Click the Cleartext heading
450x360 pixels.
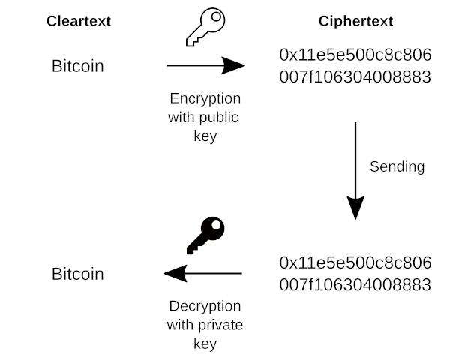78,21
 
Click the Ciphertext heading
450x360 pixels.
355,21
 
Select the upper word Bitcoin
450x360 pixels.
78,66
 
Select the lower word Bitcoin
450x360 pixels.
78,274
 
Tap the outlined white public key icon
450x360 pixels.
205,28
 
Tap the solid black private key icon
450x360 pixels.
205,236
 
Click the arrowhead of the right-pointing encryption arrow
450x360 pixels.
234,66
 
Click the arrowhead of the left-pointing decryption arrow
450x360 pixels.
175,273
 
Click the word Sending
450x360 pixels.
397,166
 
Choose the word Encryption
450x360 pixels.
205,99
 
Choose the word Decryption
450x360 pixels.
205,306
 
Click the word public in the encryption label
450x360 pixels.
220,118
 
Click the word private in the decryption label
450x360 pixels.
221,325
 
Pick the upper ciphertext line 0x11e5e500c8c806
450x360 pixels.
355,55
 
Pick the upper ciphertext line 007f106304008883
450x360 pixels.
355,76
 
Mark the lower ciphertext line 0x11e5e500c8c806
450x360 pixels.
355,262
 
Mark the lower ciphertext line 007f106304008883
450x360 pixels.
355,284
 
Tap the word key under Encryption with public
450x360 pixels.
205,136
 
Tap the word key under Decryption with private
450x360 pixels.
205,343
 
